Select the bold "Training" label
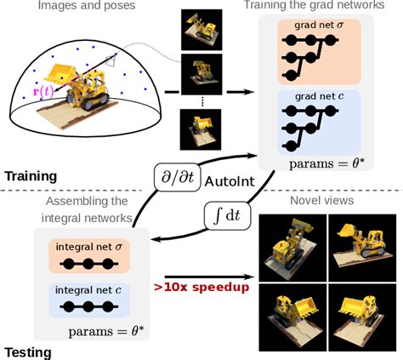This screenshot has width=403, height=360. click(32, 176)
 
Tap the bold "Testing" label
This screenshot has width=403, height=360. click(28, 351)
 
